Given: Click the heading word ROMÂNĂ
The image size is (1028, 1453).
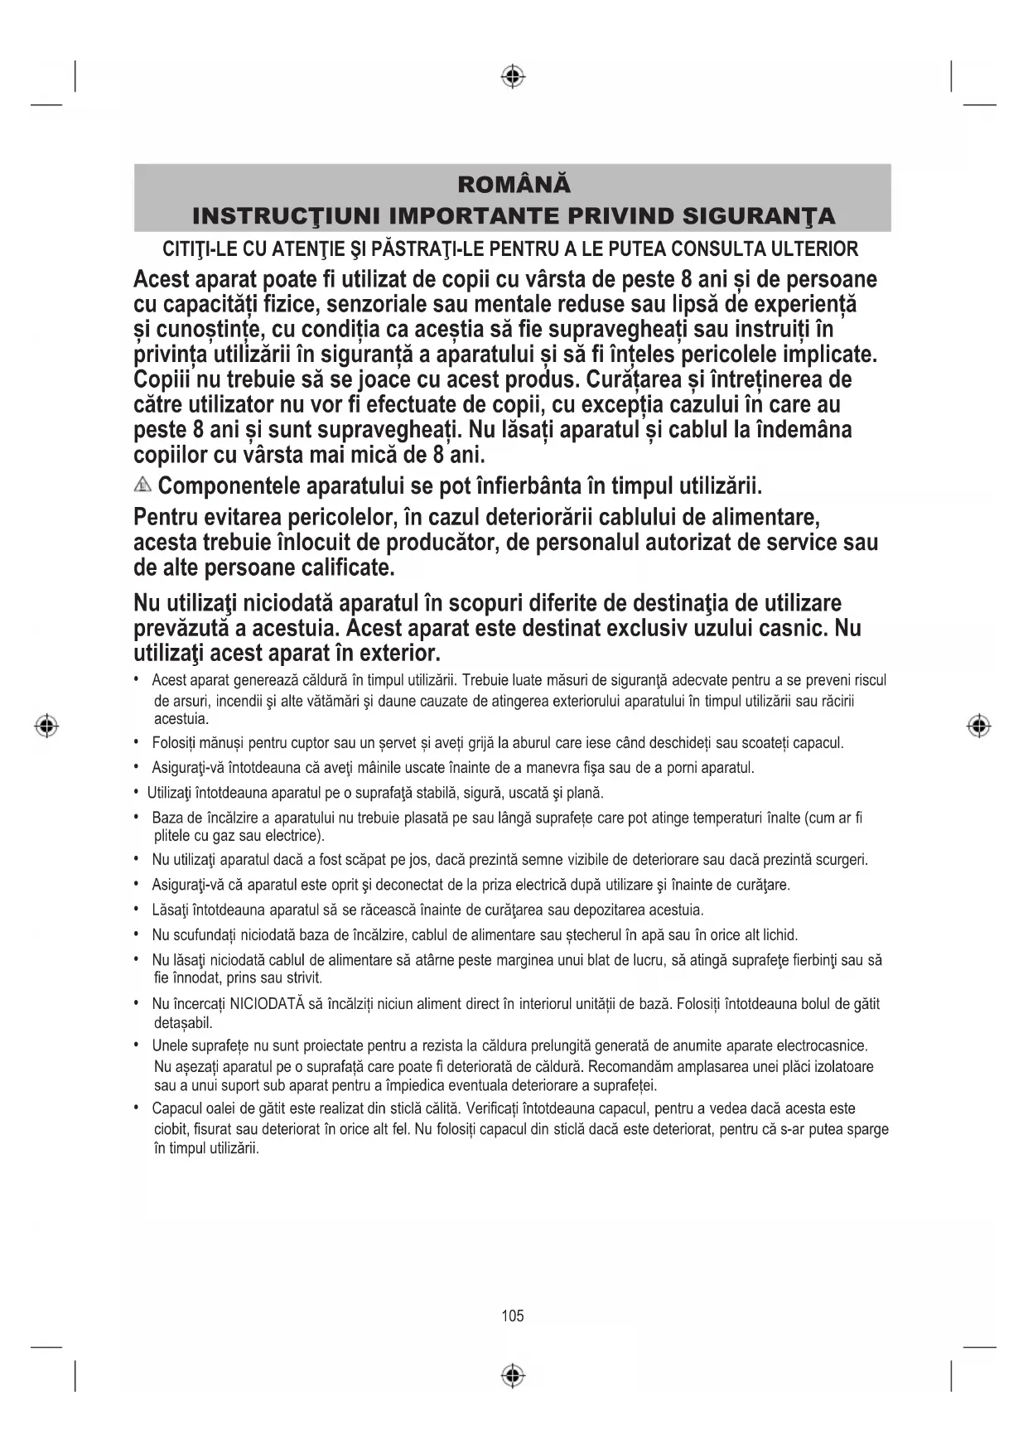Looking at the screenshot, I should [x=514, y=184].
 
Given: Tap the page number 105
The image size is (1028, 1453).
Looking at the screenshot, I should [x=513, y=1315].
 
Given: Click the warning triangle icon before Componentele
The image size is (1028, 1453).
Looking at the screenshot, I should [x=143, y=485].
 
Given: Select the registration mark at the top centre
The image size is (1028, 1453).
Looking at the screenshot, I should [x=514, y=77].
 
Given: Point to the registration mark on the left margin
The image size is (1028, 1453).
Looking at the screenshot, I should [x=47, y=726].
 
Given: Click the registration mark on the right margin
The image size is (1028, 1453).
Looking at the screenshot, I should [x=979, y=726].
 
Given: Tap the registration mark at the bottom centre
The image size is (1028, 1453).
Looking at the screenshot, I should [x=514, y=1376].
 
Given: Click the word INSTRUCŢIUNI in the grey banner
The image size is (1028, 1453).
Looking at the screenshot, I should [x=286, y=217].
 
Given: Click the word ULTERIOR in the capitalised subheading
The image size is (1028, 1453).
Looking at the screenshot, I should [x=814, y=249].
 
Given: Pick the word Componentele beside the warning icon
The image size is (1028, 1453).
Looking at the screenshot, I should [x=229, y=485].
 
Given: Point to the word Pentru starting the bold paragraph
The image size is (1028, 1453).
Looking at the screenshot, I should [x=170, y=519].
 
